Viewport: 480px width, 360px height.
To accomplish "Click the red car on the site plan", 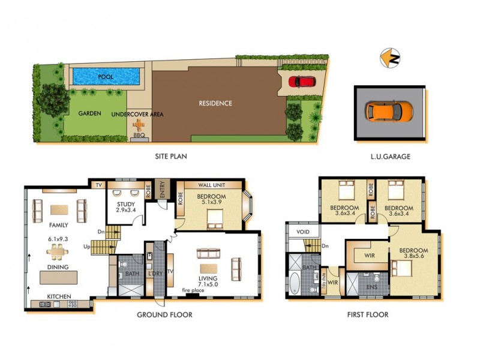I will click(x=302, y=82).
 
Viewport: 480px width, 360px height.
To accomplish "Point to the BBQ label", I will click(x=139, y=136).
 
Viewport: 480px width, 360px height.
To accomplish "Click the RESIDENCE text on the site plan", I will click(x=215, y=103).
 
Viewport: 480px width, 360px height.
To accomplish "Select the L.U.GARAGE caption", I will click(x=390, y=157).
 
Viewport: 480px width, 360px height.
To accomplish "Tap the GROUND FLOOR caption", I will click(x=165, y=314).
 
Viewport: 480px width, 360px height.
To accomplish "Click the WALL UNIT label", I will click(x=212, y=185).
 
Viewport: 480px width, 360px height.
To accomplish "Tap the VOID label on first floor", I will click(x=298, y=231).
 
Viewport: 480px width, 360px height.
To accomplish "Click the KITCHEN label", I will click(x=59, y=296).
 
